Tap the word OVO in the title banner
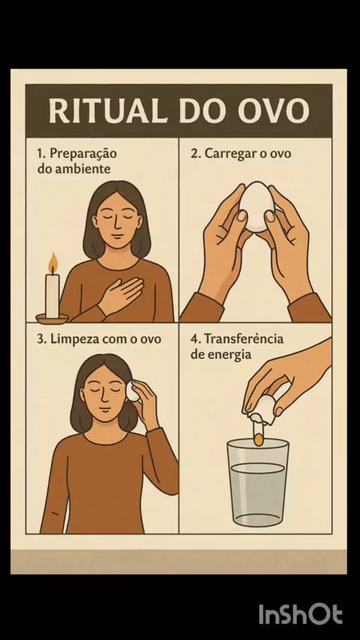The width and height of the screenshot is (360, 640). tap(274, 110)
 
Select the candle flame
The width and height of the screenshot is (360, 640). tap(52, 263)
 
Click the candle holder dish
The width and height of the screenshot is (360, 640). tap(52, 319)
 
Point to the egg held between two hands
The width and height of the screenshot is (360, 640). tap(256, 206)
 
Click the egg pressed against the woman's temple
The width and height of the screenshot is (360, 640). tap(132, 390)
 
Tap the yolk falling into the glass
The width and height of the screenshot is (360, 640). tap(258, 439)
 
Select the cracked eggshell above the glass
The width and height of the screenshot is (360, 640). tap(262, 410)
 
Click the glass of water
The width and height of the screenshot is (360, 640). tap(258, 483)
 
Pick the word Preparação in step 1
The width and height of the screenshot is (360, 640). tap(83, 154)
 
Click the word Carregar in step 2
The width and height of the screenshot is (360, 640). tap(227, 154)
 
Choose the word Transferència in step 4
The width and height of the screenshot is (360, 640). tap(244, 339)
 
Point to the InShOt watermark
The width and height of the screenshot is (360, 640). tap(300, 614)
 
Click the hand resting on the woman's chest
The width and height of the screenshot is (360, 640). tap(121, 295)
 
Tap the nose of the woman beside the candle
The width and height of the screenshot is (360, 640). tap(117, 225)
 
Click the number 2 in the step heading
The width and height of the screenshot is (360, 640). tap(194, 154)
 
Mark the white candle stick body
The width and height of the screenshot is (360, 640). tap(52, 296)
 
